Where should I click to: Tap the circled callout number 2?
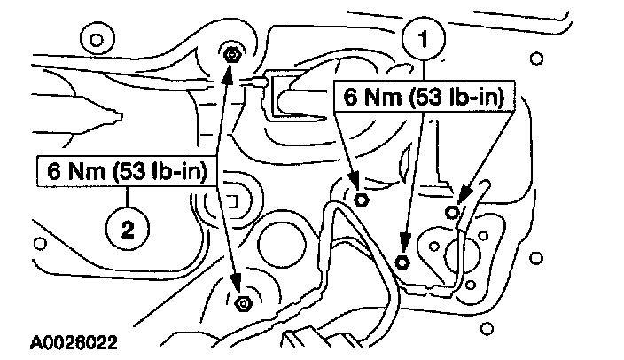click(x=126, y=230)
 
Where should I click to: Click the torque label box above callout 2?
click(x=124, y=171)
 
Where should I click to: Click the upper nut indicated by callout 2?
click(x=230, y=54)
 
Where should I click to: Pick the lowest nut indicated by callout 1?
click(x=402, y=262)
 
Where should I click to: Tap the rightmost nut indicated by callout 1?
click(x=452, y=210)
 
